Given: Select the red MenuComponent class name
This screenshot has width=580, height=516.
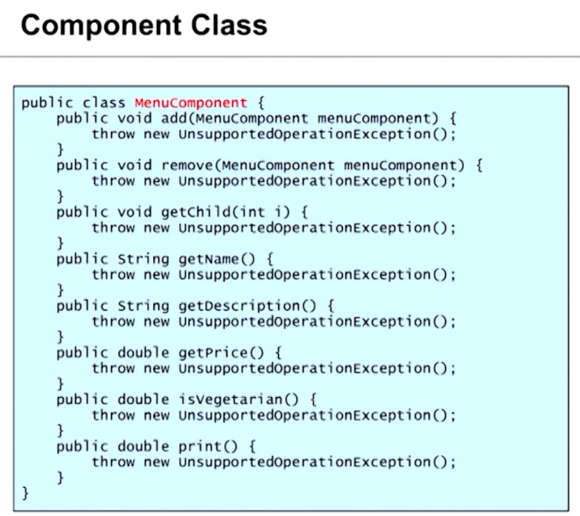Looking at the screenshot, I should point(191,104).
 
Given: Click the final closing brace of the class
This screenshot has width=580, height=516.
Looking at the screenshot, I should point(26,493).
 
